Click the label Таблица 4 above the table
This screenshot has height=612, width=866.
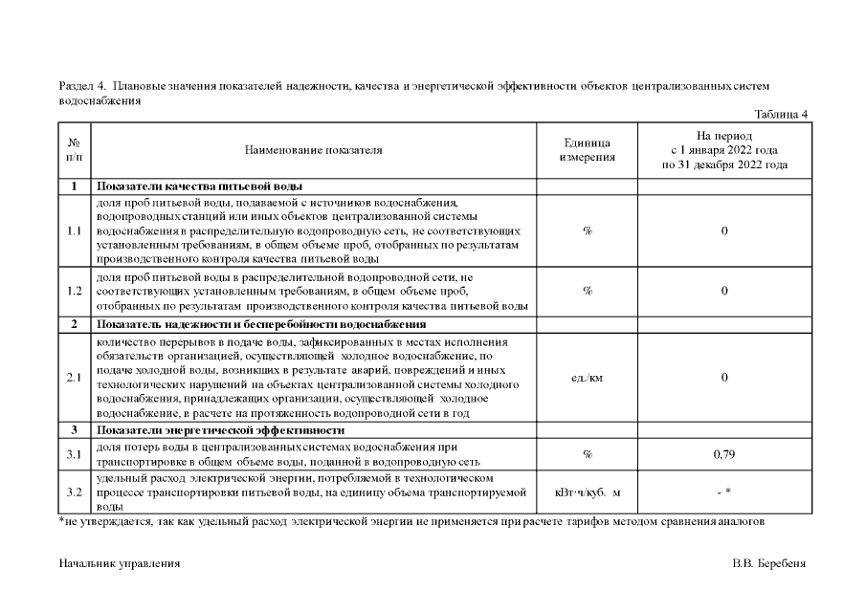[x=781, y=115]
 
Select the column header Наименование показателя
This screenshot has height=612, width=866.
[x=313, y=150]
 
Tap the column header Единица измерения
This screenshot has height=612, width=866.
[x=588, y=150]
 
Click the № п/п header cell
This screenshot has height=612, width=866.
[x=75, y=150]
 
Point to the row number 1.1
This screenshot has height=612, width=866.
[x=75, y=230]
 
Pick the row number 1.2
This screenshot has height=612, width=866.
[x=75, y=291]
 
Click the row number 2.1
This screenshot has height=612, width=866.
[x=75, y=377]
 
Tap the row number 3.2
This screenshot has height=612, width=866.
[x=75, y=492]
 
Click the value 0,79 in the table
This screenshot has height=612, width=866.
[x=724, y=454]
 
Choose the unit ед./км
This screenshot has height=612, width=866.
[x=588, y=377]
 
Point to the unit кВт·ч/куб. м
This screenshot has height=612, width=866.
[x=588, y=492]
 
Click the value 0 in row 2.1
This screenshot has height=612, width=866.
[x=724, y=377]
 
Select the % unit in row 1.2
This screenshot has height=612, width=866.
[x=588, y=291]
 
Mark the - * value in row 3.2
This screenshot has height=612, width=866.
[x=724, y=492]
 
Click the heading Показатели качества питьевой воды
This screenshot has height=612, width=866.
[x=200, y=186]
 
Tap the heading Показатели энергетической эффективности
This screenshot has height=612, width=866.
[x=220, y=431]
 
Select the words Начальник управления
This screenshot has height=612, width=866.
[x=120, y=563]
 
